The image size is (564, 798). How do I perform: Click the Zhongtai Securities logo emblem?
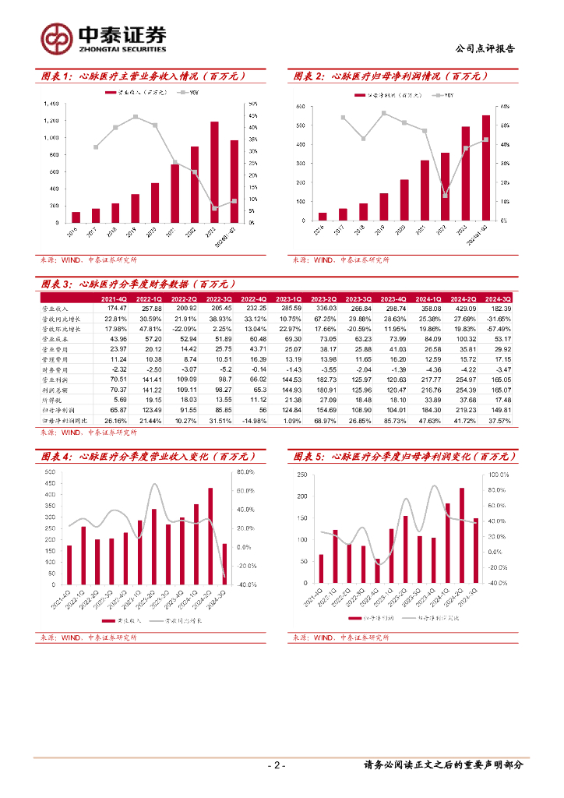point(56,37)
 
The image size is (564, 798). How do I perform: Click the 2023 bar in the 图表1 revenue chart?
point(214,171)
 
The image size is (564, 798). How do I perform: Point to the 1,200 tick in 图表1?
point(51,121)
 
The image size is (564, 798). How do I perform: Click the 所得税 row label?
point(52,400)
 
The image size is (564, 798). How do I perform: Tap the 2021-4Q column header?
point(115,298)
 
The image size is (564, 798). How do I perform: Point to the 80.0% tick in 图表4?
point(246,472)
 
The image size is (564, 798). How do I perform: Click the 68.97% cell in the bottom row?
point(326,420)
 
